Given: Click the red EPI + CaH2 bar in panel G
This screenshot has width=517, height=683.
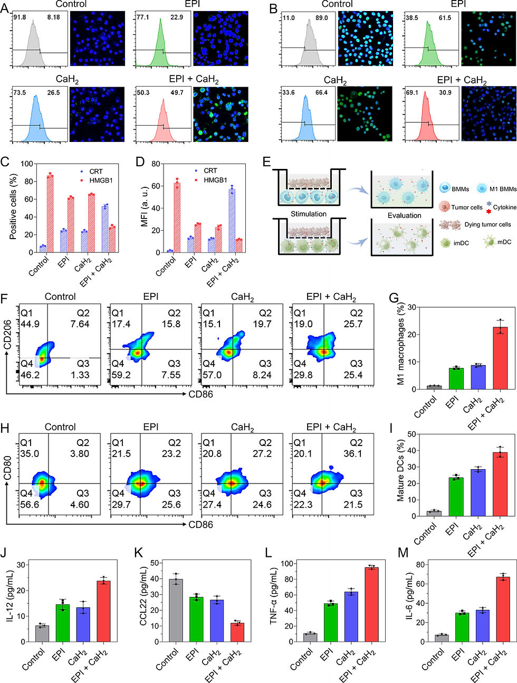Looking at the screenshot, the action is pos(500,358).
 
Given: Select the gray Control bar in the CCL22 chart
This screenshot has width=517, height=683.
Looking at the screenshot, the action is pos(176,610).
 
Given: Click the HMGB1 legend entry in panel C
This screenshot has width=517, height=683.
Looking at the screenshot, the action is pos(97,180).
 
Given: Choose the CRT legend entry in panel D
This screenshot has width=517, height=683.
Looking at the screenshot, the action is pos(206,171).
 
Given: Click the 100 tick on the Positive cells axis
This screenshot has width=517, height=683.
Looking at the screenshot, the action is pos(27,164).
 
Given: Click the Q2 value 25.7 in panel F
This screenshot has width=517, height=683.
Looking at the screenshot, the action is pos(353,324).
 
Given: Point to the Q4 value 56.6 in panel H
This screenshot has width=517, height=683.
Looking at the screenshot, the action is pos(30,504).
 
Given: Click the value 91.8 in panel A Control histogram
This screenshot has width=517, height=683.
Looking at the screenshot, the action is pos(20,17).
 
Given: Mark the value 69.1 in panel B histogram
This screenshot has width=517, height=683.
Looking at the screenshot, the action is pos(412,92).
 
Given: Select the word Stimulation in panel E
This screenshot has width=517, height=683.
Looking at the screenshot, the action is pos(309,214).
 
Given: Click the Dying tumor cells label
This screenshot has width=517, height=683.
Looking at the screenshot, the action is pos(487,224).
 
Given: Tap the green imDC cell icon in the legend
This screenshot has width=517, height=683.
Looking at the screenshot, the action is pos(445,243).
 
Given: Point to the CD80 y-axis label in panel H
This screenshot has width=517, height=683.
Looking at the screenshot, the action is pos(8,468).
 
